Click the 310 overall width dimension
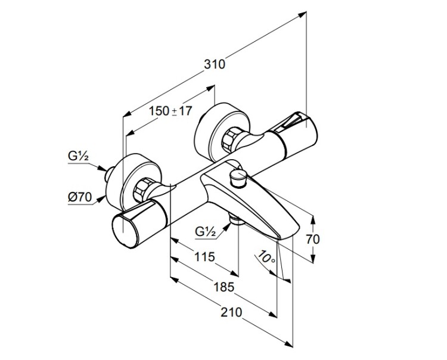[x=215, y=63]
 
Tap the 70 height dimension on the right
[x=313, y=240]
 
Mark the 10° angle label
[x=265, y=258]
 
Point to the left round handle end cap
[x=125, y=229]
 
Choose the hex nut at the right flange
[x=229, y=140]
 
